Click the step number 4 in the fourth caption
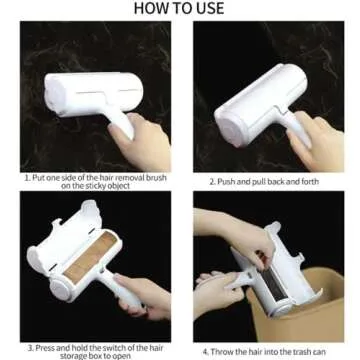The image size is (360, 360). click(204, 350)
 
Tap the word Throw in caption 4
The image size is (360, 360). click(222, 350)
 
